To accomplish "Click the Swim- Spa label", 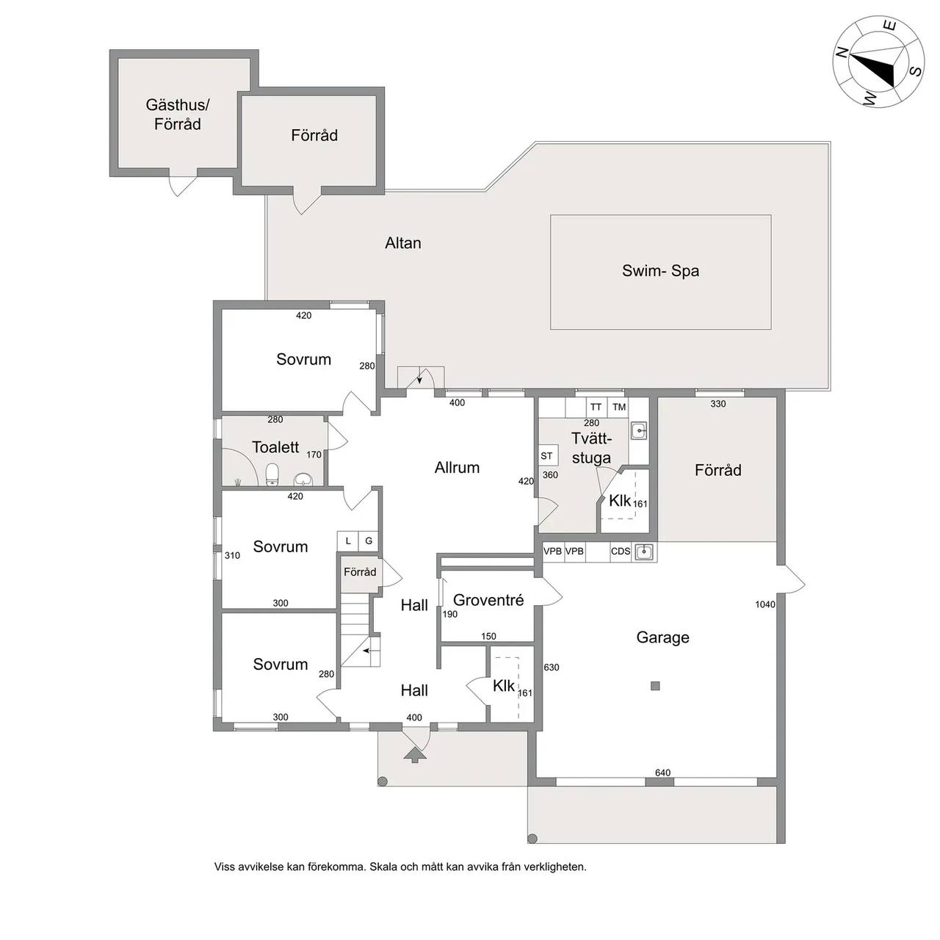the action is pos(660,271).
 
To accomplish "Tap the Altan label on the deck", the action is pos(403,243).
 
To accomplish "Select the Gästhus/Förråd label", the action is pos(178,114).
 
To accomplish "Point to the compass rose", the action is pos(878,62).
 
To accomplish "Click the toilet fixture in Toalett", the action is pos(272,474).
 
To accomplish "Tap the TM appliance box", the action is pos(619,407).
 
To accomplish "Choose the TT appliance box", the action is pos(596,407).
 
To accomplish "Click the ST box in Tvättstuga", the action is pos(547,455).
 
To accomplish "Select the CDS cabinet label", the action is pos(621,552).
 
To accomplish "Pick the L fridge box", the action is pos(348,540).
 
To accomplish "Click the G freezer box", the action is pos(369,540).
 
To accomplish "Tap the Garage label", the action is pos(662,637).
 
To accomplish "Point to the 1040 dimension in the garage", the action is pos(765,604).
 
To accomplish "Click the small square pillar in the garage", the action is pos(655,686).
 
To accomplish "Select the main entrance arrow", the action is pos(415,754).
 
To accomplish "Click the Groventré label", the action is pos(488,600).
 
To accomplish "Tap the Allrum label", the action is pos(457,467).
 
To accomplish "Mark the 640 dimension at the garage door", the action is pos(662,772).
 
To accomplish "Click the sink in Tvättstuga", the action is pos(638,431).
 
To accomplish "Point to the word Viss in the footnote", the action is pos(224,867).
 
